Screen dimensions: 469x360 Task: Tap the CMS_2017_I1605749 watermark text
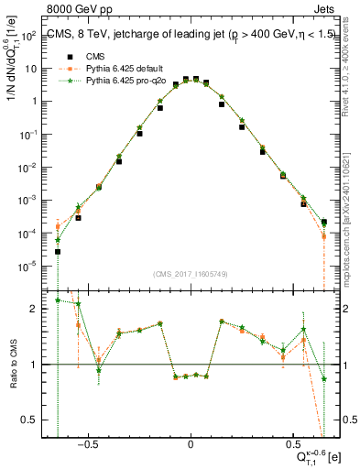click(x=190, y=274)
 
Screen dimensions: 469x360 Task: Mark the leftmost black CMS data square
click(x=58, y=251)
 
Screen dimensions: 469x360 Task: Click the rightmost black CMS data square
click(x=324, y=221)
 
